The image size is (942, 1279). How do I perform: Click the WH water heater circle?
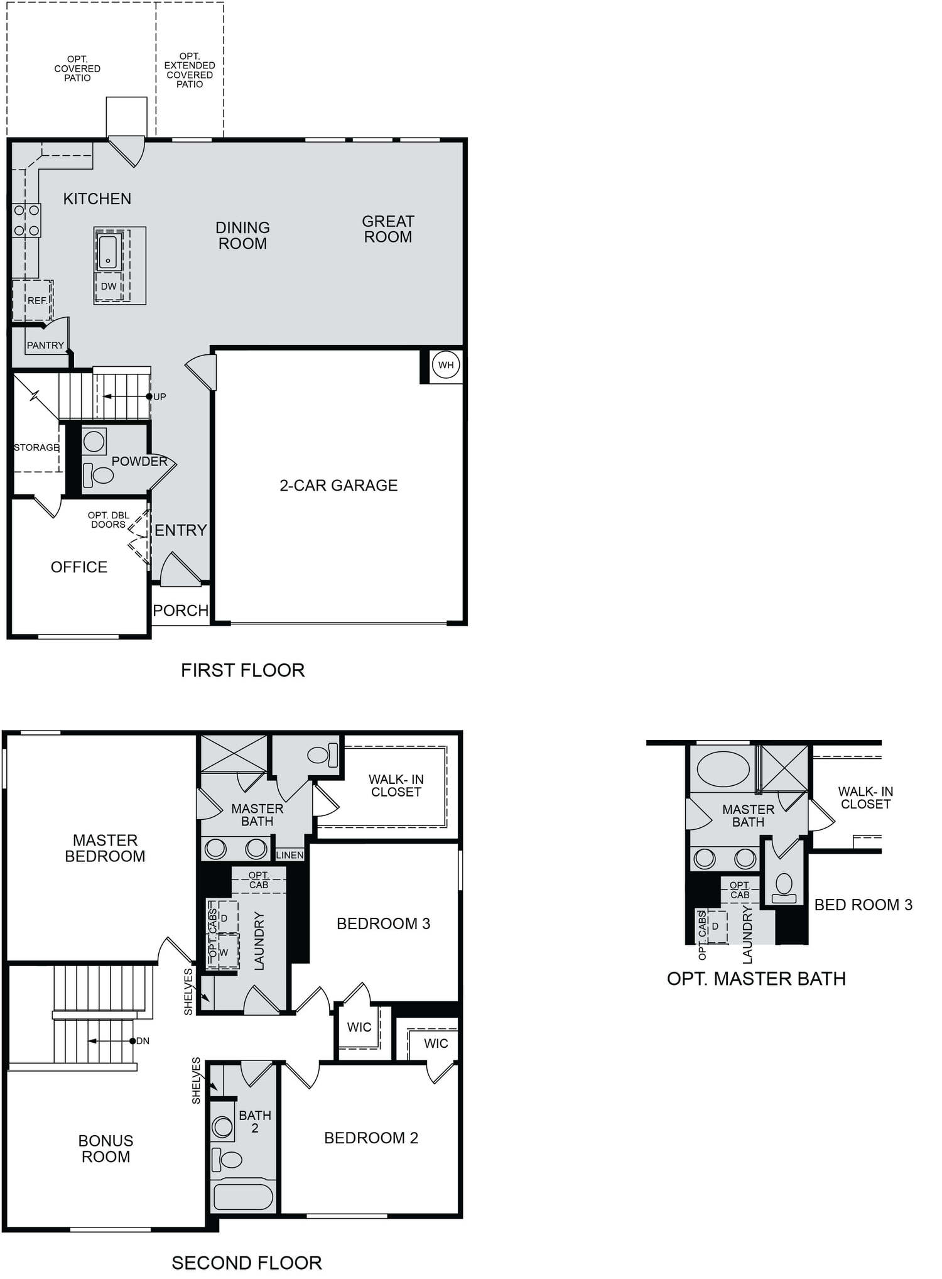click(446, 365)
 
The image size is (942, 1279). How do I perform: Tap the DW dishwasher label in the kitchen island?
click(109, 286)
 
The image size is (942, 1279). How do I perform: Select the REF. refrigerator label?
click(38, 301)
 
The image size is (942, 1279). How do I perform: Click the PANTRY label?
click(45, 346)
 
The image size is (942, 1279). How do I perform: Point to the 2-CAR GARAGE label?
click(338, 486)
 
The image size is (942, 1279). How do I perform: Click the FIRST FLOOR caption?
click(242, 670)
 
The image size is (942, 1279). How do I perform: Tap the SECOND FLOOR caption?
click(247, 1263)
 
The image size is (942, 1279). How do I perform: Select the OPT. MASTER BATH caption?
click(756, 979)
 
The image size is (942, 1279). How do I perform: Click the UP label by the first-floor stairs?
click(160, 397)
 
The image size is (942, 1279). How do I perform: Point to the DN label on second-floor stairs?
click(143, 1041)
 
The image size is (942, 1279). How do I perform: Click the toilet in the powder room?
click(99, 475)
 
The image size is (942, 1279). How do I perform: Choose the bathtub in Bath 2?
click(243, 1197)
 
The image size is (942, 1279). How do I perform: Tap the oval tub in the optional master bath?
click(723, 768)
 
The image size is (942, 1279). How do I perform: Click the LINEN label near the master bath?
click(290, 855)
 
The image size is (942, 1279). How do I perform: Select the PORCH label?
click(181, 611)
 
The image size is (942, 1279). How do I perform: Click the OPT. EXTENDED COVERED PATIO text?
click(190, 70)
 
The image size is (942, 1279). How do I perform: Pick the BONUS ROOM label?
click(106, 1148)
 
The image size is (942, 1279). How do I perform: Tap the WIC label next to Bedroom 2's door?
click(436, 1043)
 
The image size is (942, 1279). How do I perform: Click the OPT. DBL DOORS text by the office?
click(109, 520)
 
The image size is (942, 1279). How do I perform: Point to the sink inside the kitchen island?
click(108, 251)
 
